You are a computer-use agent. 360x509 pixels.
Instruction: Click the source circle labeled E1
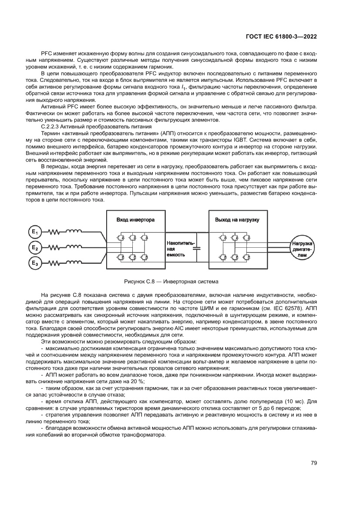(x=35, y=231)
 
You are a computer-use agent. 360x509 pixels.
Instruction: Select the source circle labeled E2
(x=35, y=247)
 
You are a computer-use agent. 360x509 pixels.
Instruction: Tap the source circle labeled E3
(x=35, y=263)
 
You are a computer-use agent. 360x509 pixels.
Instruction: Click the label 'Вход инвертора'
(x=135, y=220)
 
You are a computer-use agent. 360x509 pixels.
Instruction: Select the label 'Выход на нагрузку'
(x=237, y=220)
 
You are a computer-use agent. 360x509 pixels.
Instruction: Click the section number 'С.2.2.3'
(x=51, y=126)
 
